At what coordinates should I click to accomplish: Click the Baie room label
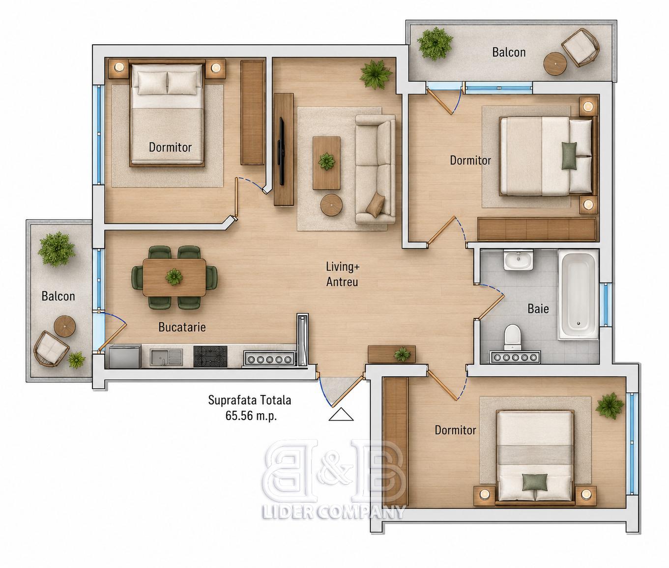pos(538,309)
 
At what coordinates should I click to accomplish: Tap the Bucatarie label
pos(182,327)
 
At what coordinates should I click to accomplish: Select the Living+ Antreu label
pos(343,274)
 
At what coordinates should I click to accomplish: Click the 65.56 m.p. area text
pos(251,416)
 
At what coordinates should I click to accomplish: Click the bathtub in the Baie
pos(578,295)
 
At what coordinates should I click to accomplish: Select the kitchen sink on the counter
pos(166,357)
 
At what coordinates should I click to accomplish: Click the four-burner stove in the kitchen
pos(210,356)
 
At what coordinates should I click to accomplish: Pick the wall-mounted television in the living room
pos(282,151)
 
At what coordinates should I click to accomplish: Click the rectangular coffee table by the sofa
pos(326,163)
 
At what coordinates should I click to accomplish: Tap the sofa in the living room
pos(375,169)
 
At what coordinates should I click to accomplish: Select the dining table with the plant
pos(174,277)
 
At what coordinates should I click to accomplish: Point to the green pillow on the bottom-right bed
pos(535,482)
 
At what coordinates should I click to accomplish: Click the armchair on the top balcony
pos(581,48)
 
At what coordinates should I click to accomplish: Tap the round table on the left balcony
pos(64,326)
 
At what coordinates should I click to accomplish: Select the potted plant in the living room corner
pos(376,74)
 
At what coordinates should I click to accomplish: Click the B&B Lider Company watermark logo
pos(334,479)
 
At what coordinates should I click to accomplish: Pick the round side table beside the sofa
pos(331,204)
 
